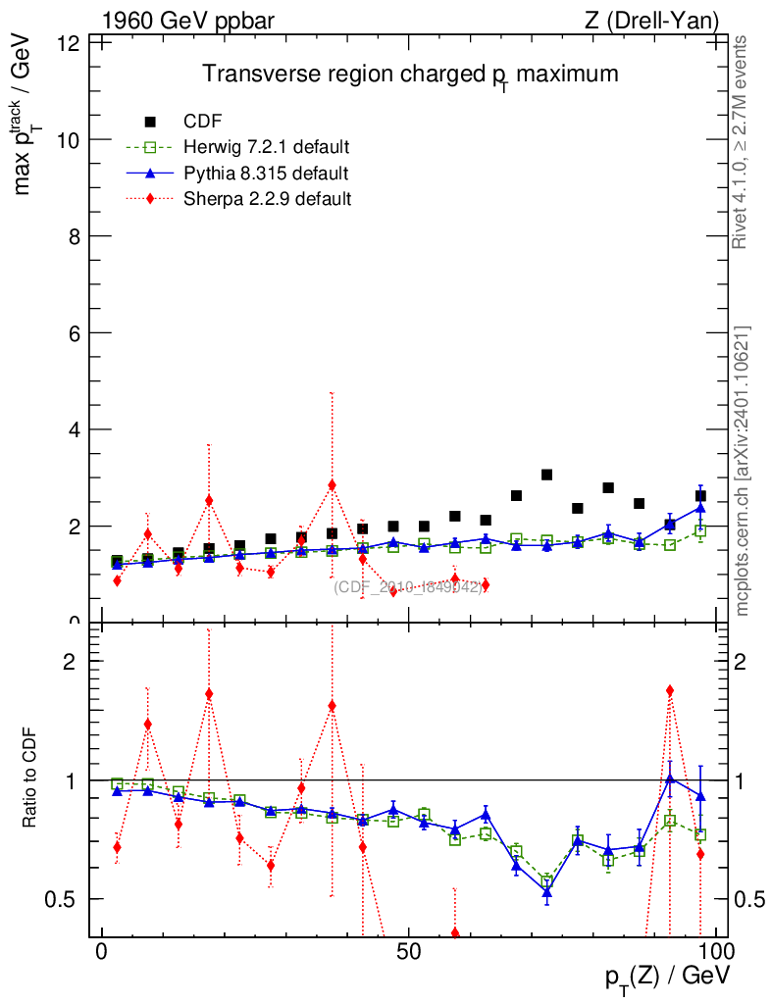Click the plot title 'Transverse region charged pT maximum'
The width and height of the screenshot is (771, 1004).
[x=410, y=75]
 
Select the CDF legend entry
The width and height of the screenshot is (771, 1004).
[x=202, y=122]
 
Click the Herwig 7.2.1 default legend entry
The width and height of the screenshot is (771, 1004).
[x=266, y=147]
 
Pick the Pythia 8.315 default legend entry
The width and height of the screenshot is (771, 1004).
[x=265, y=174]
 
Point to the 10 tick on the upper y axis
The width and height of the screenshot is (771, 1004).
[x=70, y=140]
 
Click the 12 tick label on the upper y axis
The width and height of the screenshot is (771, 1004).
[x=70, y=44]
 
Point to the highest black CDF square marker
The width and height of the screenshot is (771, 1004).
[x=546, y=475]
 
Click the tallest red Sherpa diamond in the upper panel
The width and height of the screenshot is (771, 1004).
[x=332, y=485]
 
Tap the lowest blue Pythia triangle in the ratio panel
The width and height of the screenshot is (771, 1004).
[x=546, y=892]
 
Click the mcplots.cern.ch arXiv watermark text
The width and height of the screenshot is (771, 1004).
[x=743, y=471]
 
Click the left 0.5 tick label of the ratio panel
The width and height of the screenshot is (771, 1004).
[x=70, y=899]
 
